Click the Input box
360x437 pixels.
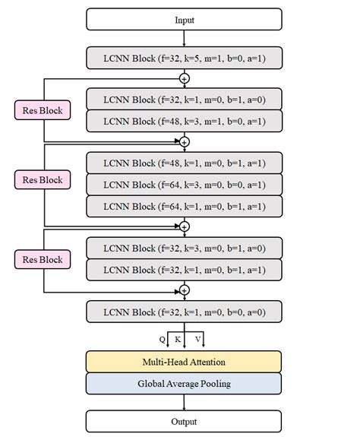pyautogui.click(x=184, y=19)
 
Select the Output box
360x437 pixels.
pyautogui.click(x=184, y=421)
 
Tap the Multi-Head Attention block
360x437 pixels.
pyautogui.click(x=184, y=362)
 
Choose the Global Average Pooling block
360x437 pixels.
pyautogui.click(x=184, y=383)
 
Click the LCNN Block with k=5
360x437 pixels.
pyautogui.click(x=184, y=58)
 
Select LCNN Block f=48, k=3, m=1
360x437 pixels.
pyautogui.click(x=184, y=122)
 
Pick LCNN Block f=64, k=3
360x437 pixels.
pyautogui.click(x=184, y=185)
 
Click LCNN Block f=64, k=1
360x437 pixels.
pyautogui.click(x=184, y=206)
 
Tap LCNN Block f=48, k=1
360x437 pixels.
pyautogui.click(x=184, y=163)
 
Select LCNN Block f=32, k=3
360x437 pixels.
pyautogui.click(x=184, y=248)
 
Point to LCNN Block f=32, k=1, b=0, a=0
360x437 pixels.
pyautogui.click(x=184, y=312)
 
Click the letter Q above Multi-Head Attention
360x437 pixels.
pyautogui.click(x=162, y=338)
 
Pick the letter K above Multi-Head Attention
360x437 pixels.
pyautogui.click(x=178, y=338)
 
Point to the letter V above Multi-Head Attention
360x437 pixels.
pyautogui.click(x=197, y=338)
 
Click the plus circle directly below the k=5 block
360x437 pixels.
pyautogui.click(x=184, y=78)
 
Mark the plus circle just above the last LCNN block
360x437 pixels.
pyautogui.click(x=184, y=290)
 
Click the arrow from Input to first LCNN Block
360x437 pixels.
pyautogui.click(x=184, y=38)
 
